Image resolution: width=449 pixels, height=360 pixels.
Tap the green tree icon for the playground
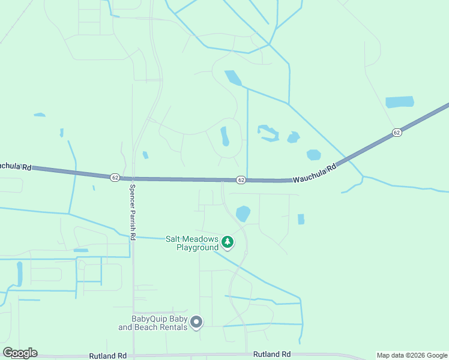(227, 242)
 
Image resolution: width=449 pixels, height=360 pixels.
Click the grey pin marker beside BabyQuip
(196, 323)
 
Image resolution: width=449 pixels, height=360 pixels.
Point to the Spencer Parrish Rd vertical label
(132, 211)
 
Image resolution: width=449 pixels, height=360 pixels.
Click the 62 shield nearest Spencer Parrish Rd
(115, 177)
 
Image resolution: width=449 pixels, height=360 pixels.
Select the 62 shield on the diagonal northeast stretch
(396, 132)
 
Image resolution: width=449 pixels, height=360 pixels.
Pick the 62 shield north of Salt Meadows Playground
(240, 179)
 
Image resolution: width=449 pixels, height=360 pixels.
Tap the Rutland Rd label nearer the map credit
(272, 354)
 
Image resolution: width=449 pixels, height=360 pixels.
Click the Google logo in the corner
(20, 353)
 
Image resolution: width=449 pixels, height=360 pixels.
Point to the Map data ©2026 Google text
(411, 355)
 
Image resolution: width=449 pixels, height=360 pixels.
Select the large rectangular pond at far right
(399, 102)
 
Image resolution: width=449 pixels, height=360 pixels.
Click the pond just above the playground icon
(243, 214)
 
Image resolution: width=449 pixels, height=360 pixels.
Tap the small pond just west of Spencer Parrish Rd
(145, 155)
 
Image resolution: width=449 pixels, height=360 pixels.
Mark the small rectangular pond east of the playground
(301, 219)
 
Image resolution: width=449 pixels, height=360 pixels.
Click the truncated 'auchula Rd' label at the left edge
(15, 166)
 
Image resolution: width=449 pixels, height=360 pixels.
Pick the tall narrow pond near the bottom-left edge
(20, 273)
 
